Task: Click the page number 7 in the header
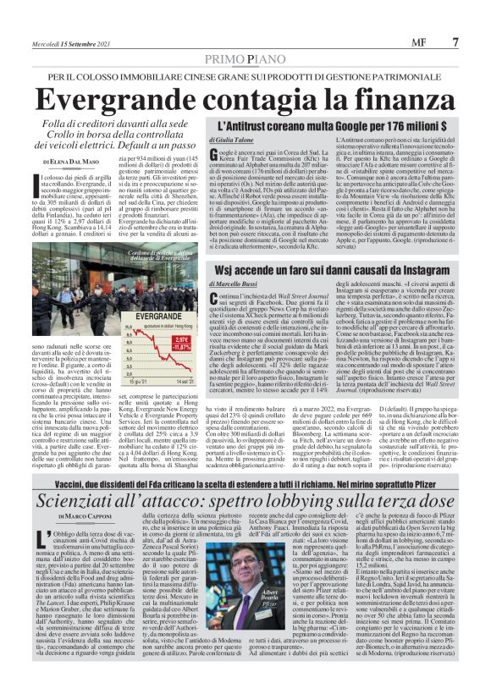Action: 455,41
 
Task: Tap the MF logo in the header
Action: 418,41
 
